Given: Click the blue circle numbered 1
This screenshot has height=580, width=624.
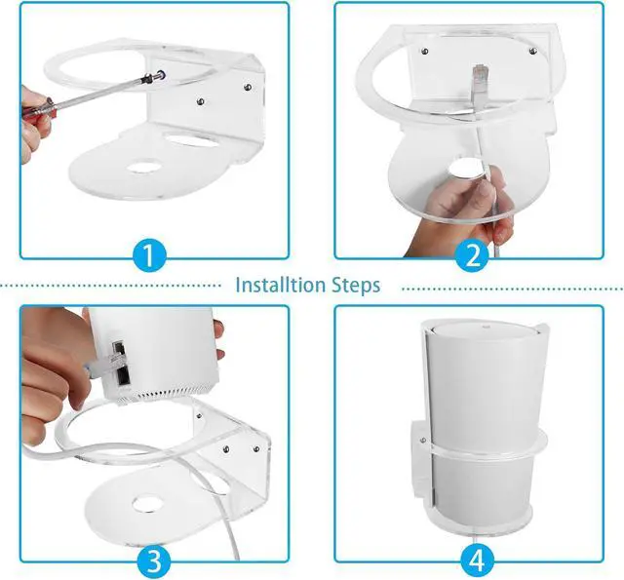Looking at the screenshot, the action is (148, 255).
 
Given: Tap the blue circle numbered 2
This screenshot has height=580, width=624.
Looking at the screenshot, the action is (472, 255).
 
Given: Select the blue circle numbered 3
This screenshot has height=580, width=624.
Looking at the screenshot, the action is (154, 561).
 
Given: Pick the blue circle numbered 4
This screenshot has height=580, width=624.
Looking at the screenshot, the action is (477, 561).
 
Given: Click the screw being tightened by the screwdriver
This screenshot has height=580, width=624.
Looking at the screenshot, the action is (161, 74).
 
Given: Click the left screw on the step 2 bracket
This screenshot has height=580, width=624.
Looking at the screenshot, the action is (425, 51).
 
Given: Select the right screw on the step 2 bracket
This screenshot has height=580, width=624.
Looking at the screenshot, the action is (533, 51).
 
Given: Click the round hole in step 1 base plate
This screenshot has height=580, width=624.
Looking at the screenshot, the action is (143, 167).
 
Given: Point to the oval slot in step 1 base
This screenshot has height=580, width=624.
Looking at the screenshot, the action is (192, 138).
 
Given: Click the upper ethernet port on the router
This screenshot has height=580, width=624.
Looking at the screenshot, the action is (119, 348).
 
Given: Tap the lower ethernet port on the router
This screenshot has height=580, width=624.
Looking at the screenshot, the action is (124, 376).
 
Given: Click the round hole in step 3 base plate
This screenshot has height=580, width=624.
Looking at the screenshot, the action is (148, 503).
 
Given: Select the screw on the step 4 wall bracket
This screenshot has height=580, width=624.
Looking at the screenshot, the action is (422, 441).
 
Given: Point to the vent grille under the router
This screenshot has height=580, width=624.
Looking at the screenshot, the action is (167, 396).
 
